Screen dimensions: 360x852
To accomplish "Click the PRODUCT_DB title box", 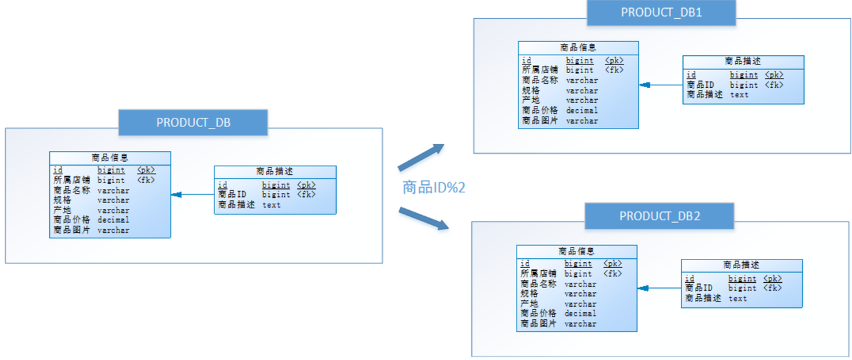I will click(x=193, y=122).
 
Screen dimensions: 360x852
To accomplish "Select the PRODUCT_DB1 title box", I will click(x=661, y=13).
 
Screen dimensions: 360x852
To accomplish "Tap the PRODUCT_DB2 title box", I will click(x=659, y=216).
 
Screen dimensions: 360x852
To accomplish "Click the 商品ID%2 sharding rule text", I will click(x=433, y=187).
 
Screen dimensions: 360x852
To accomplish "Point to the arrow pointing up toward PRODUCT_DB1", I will click(x=421, y=156).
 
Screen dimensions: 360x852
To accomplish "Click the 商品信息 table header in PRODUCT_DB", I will click(x=110, y=158).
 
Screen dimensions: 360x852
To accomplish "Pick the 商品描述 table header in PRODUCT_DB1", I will click(x=744, y=61).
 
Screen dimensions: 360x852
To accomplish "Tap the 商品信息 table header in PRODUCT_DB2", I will click(x=576, y=251).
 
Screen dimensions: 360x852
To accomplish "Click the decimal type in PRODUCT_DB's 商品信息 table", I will click(x=113, y=220).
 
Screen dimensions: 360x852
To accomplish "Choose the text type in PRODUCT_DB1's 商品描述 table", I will click(x=739, y=94).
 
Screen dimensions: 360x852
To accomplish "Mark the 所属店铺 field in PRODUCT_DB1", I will click(x=539, y=70).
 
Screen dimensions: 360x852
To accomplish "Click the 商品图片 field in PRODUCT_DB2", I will click(x=538, y=324).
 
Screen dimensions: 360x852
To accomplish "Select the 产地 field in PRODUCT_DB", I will click(x=63, y=210).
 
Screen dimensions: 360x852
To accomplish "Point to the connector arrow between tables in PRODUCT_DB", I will click(x=192, y=195).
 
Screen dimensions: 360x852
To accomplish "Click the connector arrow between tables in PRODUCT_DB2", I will click(x=659, y=288).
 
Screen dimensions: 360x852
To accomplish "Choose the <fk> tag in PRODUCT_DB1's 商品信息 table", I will click(x=614, y=70).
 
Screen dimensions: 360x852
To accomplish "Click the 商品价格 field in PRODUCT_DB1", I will click(x=540, y=110).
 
